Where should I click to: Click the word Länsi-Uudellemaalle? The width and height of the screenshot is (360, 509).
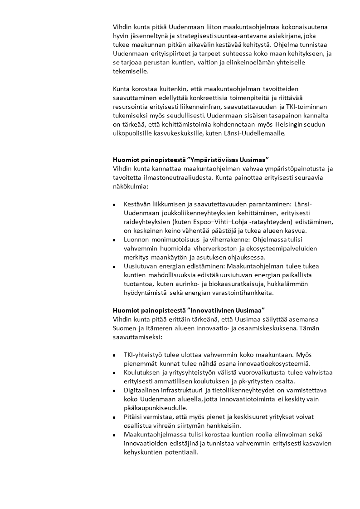[257, 133]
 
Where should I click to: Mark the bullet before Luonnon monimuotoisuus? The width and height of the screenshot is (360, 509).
[115, 240]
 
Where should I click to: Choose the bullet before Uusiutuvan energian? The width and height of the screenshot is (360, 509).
[115, 267]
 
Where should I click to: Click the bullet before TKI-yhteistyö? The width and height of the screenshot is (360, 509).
[115, 355]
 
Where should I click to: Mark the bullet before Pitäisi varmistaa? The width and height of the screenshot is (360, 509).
[115, 417]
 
